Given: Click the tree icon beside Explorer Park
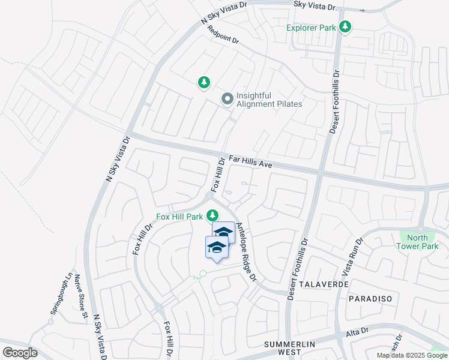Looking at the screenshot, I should [345, 27].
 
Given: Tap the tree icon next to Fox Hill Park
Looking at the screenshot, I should [212, 215].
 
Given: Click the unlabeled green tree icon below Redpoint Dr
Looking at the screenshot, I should [204, 82].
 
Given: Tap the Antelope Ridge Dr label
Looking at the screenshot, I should [246, 252].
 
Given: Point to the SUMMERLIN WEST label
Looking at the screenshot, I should [290, 349].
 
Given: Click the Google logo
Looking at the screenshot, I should [20, 353].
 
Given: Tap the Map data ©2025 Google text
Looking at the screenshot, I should [411, 355].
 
